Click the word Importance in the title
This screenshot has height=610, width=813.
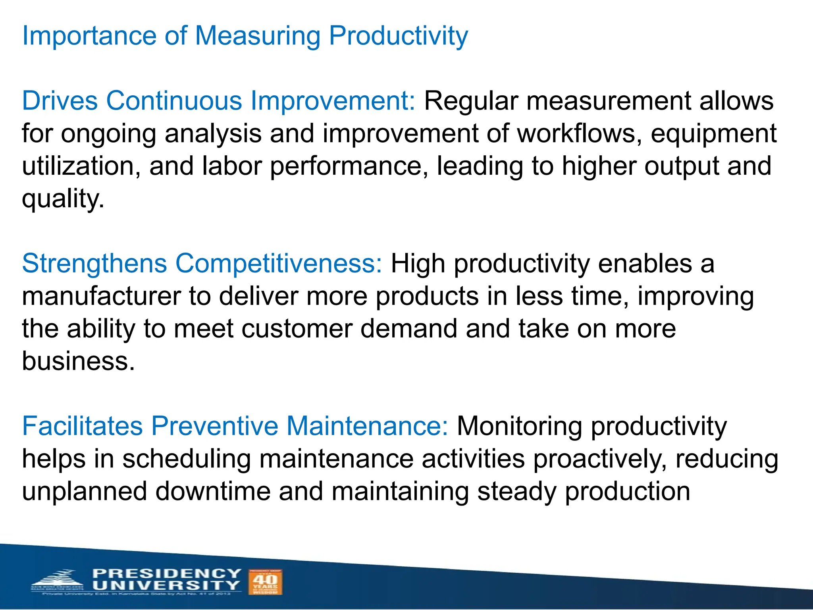tap(89, 36)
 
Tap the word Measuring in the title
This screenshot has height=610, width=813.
tap(258, 36)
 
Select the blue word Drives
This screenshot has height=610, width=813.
tap(60, 100)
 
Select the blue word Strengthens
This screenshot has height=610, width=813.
tap(94, 264)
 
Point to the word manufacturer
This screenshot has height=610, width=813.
tap(101, 296)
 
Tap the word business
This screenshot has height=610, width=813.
tap(78, 361)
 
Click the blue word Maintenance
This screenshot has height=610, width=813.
tap(367, 426)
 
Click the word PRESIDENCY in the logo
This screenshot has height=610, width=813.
tap(167, 574)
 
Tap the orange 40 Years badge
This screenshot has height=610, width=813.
tap(265, 582)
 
